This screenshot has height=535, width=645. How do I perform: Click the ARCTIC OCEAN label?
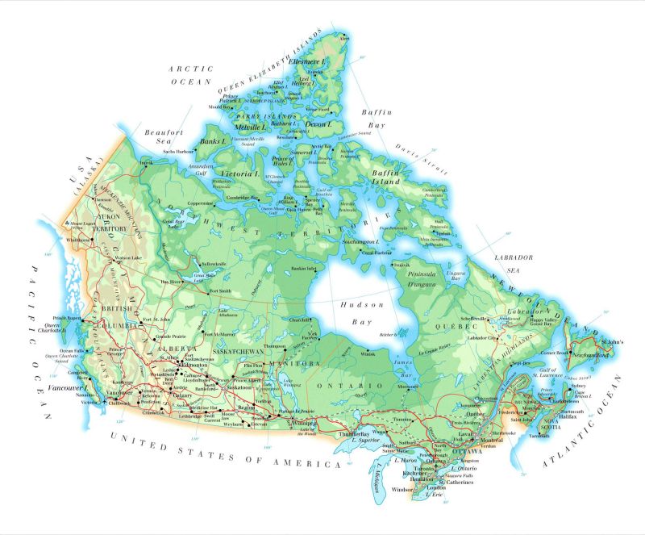coord(190,76)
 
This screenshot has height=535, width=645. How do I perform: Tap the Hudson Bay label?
coord(354,313)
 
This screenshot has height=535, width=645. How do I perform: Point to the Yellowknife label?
coord(214,264)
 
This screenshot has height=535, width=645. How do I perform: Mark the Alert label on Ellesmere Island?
coord(346,38)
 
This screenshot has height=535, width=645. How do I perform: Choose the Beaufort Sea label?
coord(159,136)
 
